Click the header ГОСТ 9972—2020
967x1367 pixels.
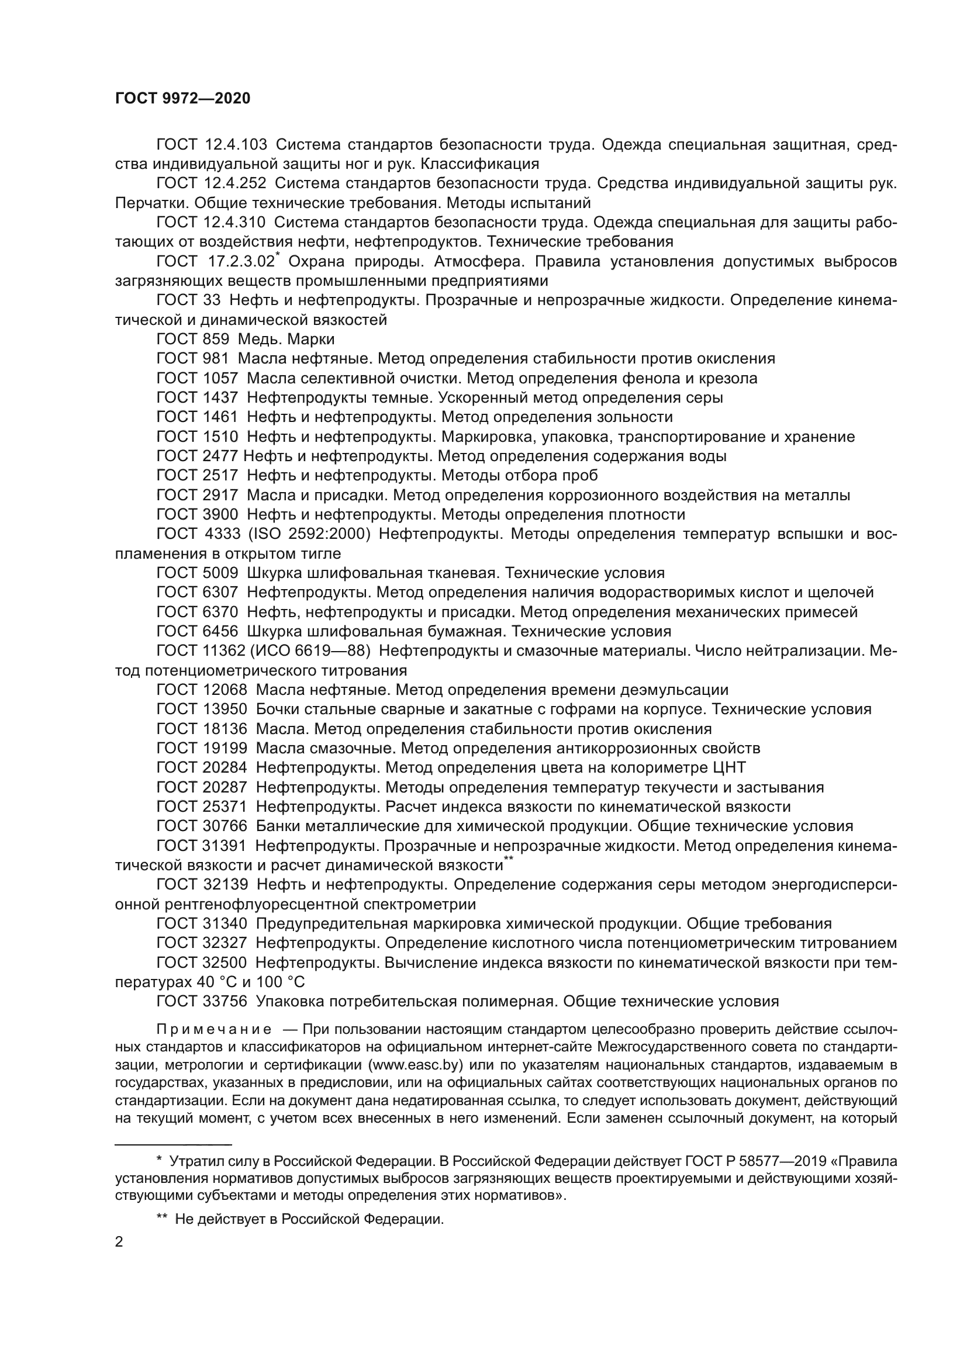[x=183, y=99]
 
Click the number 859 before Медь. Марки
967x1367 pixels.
[x=216, y=340]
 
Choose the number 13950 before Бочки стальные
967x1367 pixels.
[x=225, y=710]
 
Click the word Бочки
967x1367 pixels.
[x=280, y=710]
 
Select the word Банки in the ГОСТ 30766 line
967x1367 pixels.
[x=279, y=826]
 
